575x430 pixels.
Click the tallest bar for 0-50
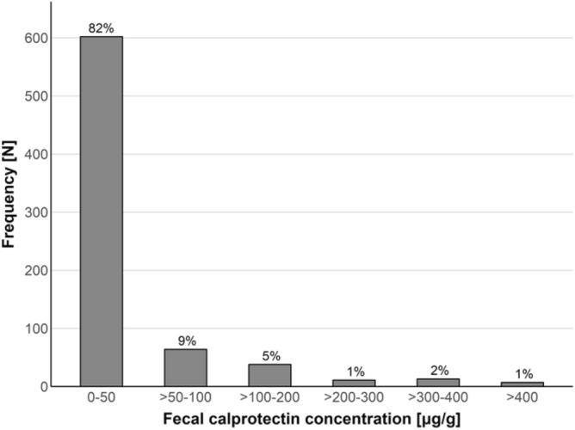[102, 211]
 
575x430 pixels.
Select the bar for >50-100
[185, 367]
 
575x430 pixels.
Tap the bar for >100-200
[269, 375]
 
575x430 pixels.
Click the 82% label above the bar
[102, 28]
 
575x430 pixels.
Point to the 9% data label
[185, 340]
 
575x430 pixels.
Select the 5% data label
[269, 355]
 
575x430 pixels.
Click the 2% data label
[438, 370]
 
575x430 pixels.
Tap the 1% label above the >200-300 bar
[354, 372]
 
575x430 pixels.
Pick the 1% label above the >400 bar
[522, 374]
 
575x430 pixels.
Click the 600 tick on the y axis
[36, 39]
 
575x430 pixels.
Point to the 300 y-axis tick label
[36, 212]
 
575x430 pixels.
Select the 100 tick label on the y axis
[36, 329]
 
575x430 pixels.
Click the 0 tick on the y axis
[43, 386]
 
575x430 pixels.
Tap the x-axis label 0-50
[102, 400]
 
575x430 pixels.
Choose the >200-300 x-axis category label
[354, 400]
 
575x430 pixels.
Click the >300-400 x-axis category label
[438, 400]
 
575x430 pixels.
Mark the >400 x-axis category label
[522, 400]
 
